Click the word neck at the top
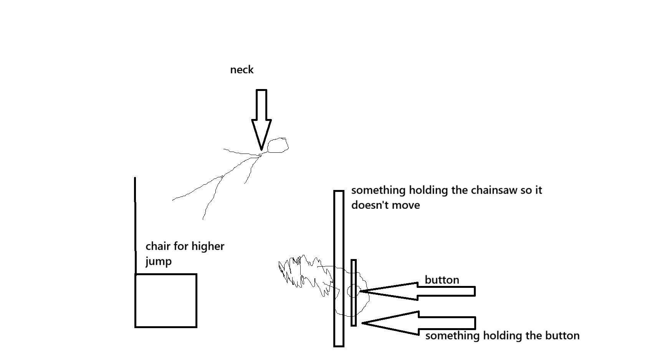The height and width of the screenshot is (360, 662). point(242,70)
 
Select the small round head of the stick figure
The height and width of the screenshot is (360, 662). point(278,145)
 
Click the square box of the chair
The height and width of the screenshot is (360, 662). point(166,301)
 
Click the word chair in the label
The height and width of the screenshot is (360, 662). point(158,246)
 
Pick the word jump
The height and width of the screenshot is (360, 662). point(158,262)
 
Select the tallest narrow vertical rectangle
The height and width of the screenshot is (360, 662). point(338,269)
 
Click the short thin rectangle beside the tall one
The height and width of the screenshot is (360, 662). point(354,293)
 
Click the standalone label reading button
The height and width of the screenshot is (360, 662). point(442,280)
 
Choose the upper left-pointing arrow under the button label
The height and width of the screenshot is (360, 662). point(419,291)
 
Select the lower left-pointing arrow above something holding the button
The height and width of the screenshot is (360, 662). point(419,323)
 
